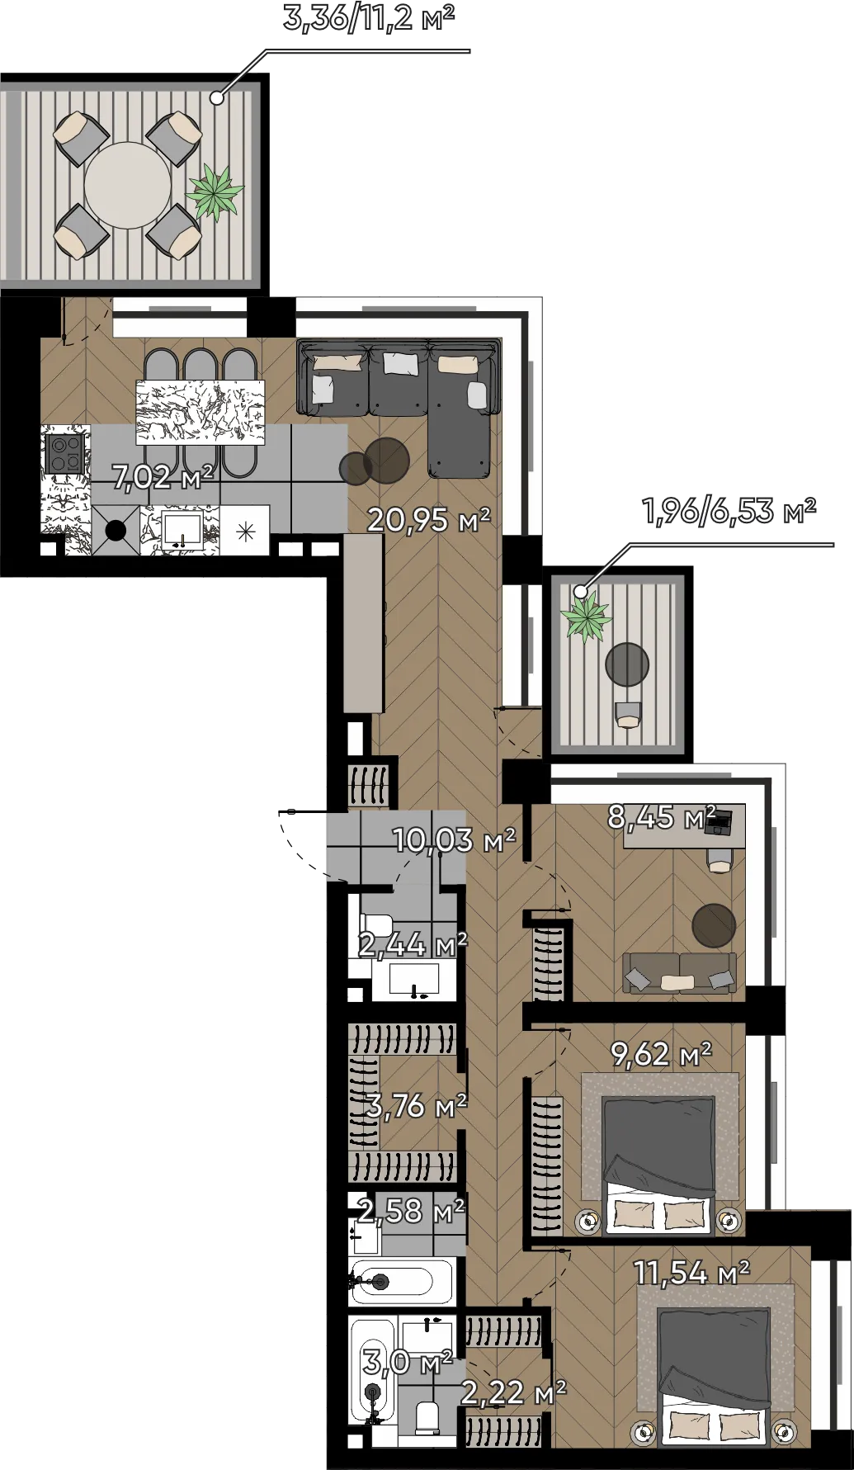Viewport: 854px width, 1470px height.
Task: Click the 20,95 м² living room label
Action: pos(428,519)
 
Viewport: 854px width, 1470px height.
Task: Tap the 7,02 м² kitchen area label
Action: pos(163,476)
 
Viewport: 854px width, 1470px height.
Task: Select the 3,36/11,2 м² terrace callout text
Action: pos(369,17)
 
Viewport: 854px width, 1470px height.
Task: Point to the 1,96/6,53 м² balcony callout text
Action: pos(729,511)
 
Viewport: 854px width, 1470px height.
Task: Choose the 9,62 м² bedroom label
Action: pos(661,1053)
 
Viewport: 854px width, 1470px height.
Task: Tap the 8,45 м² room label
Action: pos(662,816)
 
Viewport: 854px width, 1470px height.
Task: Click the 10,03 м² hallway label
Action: pos(454,839)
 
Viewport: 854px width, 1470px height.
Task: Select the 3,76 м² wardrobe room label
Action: pos(417,1105)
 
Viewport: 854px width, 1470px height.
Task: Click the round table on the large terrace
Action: pos(128,186)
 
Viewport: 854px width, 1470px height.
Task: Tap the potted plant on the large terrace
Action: pos(215,192)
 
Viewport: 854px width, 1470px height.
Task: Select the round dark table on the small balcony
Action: pos(627,664)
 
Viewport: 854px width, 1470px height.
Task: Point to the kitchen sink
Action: pos(182,531)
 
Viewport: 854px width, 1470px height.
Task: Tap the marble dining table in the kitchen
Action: pos(201,411)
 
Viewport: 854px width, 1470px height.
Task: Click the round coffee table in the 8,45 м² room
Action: pos(714,925)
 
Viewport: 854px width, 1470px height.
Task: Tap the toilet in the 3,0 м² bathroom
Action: pos(427,1416)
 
